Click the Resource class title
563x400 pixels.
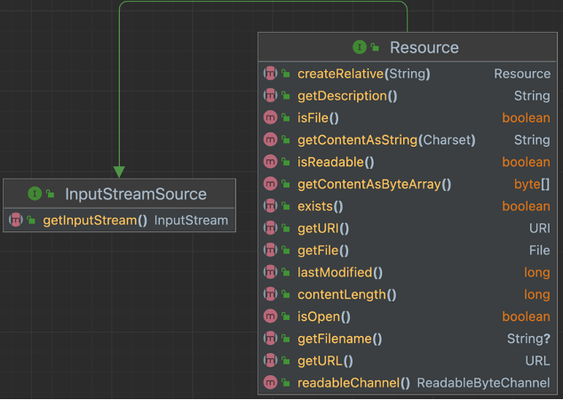[424, 48]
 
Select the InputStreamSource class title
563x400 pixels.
[136, 194]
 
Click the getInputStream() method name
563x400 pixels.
[95, 220]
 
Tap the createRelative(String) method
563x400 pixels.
[364, 74]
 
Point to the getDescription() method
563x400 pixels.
[347, 96]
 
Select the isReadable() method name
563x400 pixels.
[336, 162]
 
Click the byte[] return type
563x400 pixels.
[532, 184]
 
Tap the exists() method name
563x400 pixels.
[321, 206]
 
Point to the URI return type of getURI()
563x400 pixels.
[539, 228]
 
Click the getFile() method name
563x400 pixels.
[323, 251]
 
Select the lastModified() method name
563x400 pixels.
[340, 273]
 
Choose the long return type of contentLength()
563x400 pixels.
[536, 294]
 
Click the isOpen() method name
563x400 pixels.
[324, 316]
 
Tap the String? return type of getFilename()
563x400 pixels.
[529, 339]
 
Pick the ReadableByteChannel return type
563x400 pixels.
[483, 383]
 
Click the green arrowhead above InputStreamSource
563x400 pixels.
[119, 171]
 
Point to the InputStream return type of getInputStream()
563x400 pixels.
[191, 220]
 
